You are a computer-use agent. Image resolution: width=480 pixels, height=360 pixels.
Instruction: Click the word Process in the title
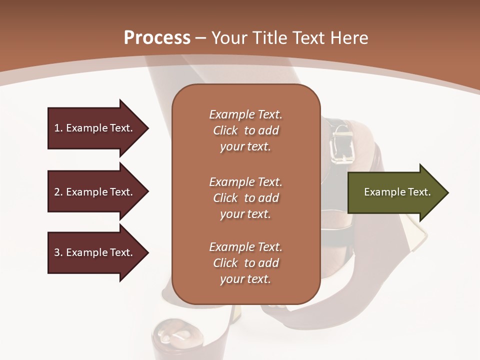click(x=157, y=37)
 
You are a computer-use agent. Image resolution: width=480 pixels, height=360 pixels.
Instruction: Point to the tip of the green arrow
click(x=447, y=192)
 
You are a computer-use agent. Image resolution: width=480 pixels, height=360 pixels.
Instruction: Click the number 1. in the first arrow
click(x=58, y=128)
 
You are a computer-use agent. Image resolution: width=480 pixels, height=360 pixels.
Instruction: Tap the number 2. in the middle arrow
click(x=58, y=192)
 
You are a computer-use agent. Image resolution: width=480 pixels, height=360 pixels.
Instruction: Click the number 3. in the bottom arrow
click(x=58, y=252)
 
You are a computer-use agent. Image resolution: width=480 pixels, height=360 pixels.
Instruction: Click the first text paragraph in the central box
click(x=245, y=130)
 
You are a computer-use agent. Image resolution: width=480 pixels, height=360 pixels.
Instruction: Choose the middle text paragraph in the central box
click(x=245, y=198)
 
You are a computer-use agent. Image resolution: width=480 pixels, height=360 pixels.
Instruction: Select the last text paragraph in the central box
click(x=245, y=263)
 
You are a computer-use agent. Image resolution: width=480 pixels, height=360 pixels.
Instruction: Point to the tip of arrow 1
click(x=147, y=128)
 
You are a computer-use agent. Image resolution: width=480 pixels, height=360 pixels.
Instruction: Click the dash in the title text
click(x=201, y=38)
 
